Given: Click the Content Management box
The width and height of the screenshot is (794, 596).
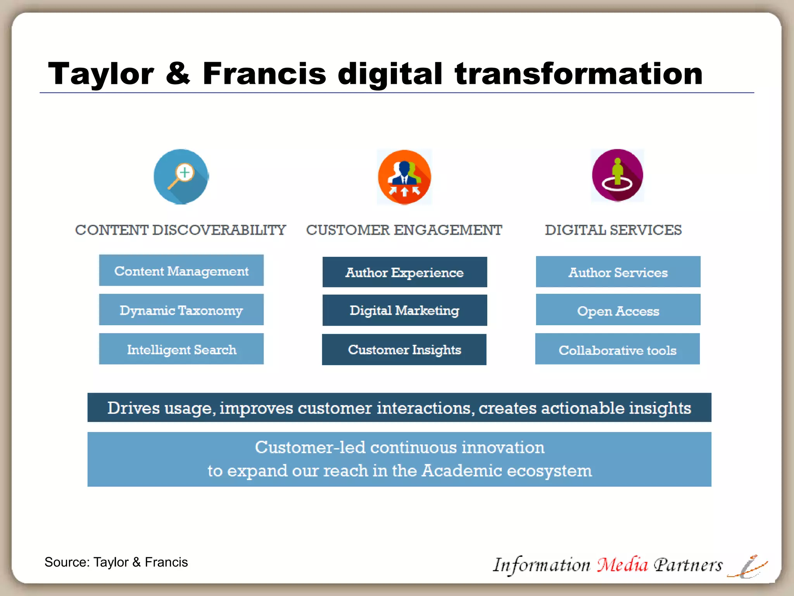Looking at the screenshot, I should [x=181, y=270].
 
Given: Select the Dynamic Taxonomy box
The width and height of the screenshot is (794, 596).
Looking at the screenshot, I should [x=181, y=310].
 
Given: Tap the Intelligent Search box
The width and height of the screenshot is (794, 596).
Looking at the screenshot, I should [x=181, y=349].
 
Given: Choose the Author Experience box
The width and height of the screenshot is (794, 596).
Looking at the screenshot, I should [x=404, y=272].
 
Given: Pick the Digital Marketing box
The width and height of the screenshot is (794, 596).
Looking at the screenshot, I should [x=404, y=310].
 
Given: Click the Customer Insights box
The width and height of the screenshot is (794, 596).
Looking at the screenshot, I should [x=404, y=349].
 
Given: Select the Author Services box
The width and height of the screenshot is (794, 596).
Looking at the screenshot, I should [x=618, y=272].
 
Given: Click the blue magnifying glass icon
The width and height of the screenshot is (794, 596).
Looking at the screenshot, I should [x=181, y=177].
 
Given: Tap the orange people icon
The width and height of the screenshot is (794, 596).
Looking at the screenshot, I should [x=404, y=177].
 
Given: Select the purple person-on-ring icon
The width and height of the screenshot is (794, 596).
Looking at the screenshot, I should [x=617, y=175].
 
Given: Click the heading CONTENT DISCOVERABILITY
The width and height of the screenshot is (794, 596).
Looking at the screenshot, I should [x=180, y=230].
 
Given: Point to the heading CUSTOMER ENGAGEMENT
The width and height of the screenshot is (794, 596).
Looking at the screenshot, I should [x=404, y=230].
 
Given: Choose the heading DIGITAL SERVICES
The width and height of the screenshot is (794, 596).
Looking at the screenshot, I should [x=613, y=230].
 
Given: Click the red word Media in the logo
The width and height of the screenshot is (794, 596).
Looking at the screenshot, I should [x=622, y=565].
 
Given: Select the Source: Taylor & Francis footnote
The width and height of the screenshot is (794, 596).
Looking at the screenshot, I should [x=116, y=562].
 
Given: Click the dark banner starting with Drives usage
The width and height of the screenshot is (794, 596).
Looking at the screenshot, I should [x=399, y=407].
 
